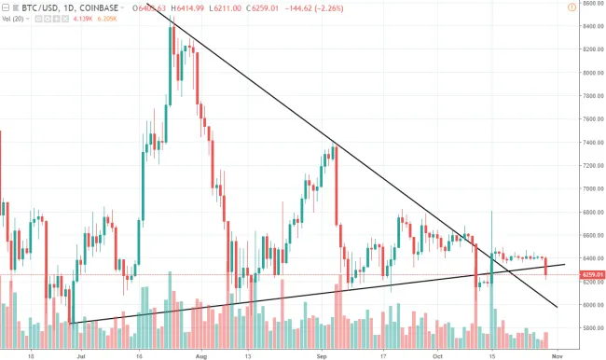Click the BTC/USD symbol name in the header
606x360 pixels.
(26, 8)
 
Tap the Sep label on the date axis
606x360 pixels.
(323, 355)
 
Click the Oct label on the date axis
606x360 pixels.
(437, 355)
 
